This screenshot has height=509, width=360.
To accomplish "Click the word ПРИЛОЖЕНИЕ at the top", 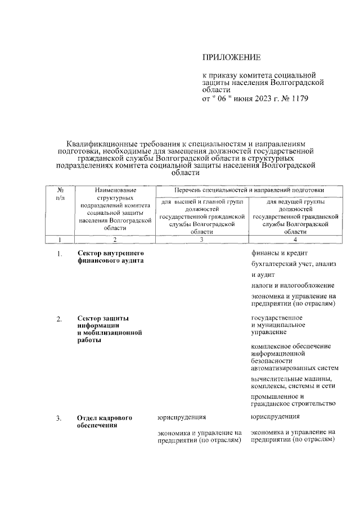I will click(231, 57).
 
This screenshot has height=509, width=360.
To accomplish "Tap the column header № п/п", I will click(60, 194).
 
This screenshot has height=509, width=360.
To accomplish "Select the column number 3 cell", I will click(201, 240).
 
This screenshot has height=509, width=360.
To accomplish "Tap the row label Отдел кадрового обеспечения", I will click(105, 421).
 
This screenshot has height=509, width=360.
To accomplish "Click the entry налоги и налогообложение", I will click(292, 286).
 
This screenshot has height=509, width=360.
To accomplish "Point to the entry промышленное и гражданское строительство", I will click(293, 399).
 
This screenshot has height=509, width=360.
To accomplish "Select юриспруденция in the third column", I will click(181, 417).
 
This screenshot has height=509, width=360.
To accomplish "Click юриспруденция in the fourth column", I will click(275, 417).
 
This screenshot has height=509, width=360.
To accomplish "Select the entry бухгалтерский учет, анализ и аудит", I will click(292, 269).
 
